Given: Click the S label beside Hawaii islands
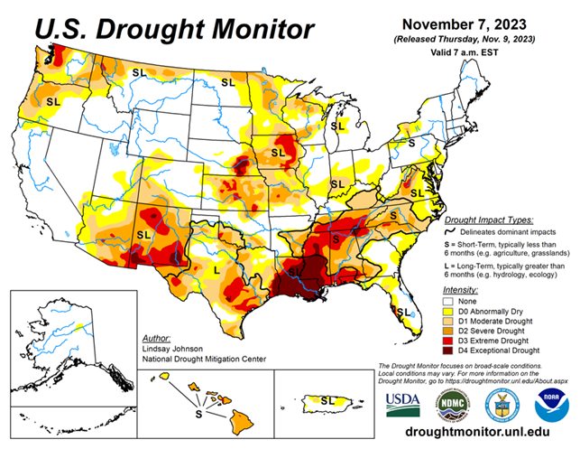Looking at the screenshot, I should [198, 414].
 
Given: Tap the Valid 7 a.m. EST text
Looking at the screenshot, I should [474, 53].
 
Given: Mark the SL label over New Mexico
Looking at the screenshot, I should [143, 234].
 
